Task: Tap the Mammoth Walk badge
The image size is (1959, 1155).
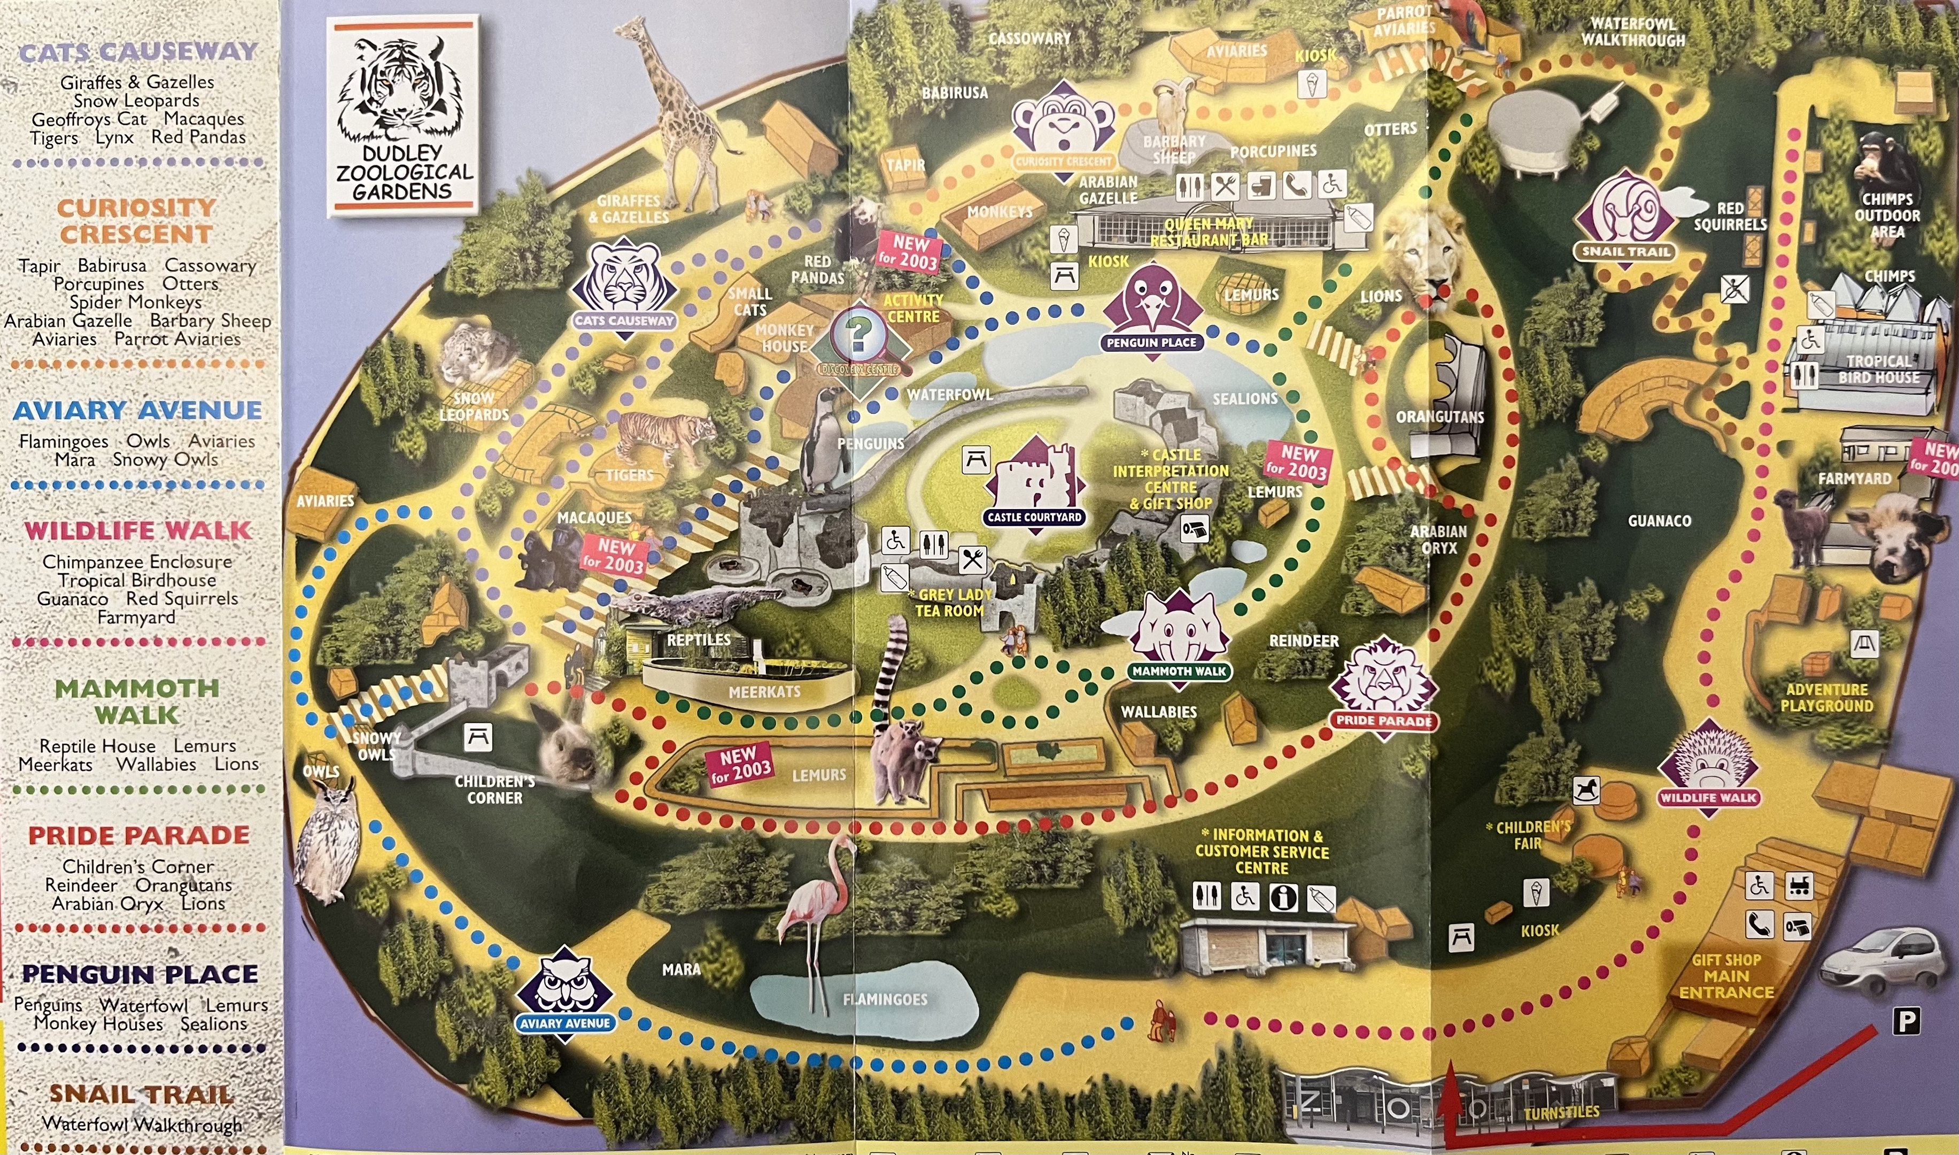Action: click(x=1179, y=637)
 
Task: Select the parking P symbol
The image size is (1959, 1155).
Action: click(x=1906, y=1020)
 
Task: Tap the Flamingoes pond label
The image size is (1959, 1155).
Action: click(x=885, y=999)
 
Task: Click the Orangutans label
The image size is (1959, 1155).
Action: click(x=1439, y=417)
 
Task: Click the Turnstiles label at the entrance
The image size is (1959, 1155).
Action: click(x=1561, y=1113)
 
